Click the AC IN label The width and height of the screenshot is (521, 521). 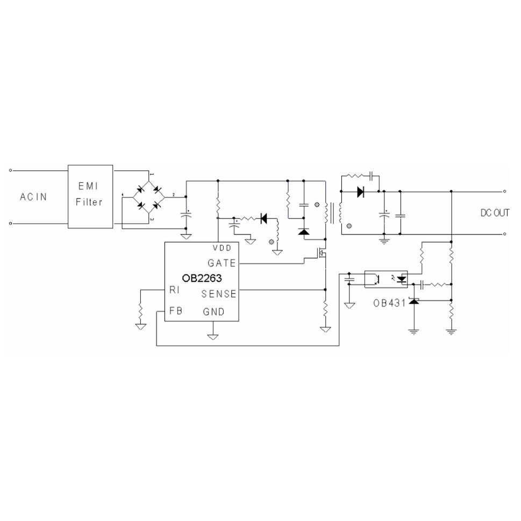tap(33, 197)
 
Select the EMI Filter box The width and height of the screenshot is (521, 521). tap(90, 196)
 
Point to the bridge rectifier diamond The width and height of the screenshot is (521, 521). tap(149, 197)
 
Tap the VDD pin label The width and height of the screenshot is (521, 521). tap(222, 248)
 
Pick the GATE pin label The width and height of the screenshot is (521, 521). tap(221, 263)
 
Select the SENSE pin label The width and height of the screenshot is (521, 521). tap(218, 294)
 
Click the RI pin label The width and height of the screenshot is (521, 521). tap(174, 290)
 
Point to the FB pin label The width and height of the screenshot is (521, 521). tap(175, 311)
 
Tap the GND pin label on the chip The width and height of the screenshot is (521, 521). tap(213, 312)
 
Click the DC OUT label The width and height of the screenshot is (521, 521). tap(495, 213)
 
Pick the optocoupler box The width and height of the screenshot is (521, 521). tap(387, 278)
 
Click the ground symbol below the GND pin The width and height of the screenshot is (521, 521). tap(213, 337)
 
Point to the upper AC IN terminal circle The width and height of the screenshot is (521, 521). tap(11, 170)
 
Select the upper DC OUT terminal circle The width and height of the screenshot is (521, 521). tap(505, 191)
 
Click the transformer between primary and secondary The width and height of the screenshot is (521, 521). tap(333, 213)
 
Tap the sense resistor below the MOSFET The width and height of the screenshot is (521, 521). tap(325, 310)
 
